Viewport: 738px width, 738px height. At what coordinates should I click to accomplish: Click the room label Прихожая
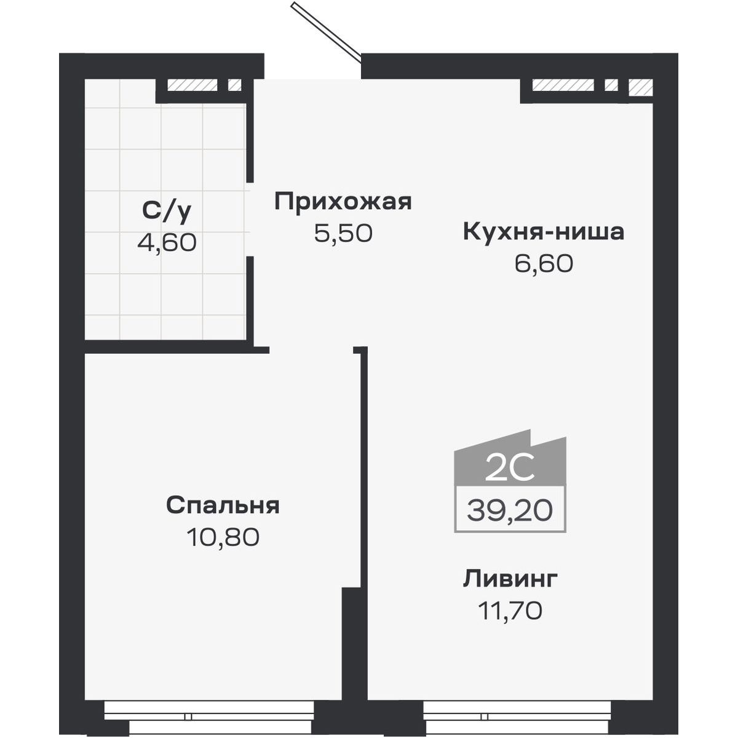[343, 202]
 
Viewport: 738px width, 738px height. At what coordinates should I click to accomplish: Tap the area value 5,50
[343, 233]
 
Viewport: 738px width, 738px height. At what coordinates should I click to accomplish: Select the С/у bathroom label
[167, 211]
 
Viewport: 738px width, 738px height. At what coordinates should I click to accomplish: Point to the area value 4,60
[167, 242]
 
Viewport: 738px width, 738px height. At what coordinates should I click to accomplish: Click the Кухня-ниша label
[543, 232]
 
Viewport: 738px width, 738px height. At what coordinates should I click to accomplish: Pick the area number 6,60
[543, 263]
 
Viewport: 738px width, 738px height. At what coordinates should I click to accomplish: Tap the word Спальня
[223, 506]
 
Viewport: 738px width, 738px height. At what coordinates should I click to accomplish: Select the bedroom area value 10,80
[223, 537]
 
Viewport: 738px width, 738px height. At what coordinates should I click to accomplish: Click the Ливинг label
[510, 579]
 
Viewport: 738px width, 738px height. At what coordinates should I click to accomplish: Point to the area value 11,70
[510, 611]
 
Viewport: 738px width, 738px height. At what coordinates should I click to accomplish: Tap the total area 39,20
[510, 510]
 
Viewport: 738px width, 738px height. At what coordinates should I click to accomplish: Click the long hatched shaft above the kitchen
[563, 85]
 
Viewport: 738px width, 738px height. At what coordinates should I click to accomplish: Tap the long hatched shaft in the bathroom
[192, 85]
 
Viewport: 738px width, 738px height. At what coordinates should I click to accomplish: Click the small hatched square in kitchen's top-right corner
[640, 87]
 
